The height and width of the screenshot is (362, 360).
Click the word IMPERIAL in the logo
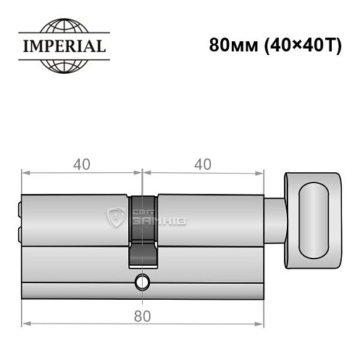coord(62,47)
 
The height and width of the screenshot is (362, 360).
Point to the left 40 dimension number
coord(81,164)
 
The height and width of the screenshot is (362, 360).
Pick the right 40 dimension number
coord(203,164)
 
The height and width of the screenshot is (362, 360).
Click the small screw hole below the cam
coord(143,281)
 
